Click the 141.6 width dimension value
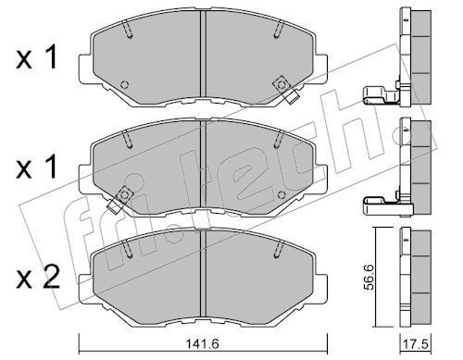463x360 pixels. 202,343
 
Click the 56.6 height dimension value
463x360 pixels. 369,277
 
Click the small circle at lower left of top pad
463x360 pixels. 125,84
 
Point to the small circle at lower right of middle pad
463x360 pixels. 281,195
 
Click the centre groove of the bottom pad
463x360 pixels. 203,274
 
